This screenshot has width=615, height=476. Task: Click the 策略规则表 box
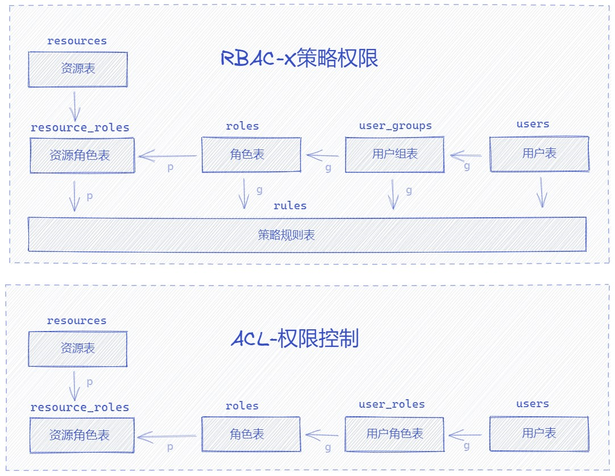pos(307,234)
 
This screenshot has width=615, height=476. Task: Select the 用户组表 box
pos(394,154)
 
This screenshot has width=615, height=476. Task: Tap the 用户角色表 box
pos(394,434)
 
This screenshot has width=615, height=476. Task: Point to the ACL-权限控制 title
pos(295,339)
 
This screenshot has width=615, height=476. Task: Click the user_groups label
pos(395,126)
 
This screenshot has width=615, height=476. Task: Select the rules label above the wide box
pos(290,206)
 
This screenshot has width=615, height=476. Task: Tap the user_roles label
pos(392,405)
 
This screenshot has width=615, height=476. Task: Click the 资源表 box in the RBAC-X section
pos(78,69)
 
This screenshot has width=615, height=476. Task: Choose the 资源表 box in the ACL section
pos(78,349)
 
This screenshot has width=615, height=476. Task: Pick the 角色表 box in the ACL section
pos(251,434)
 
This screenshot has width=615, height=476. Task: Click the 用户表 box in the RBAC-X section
pos(539,154)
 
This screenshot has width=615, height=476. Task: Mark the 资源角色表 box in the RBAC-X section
pos(82,155)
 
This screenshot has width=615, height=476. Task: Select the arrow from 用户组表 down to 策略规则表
pos(393,194)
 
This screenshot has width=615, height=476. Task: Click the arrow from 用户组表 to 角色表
pos(323,155)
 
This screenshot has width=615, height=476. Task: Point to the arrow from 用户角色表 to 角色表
pos(322,435)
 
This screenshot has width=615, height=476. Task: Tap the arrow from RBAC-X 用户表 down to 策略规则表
pos(541,192)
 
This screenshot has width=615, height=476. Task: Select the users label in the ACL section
pos(533,404)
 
